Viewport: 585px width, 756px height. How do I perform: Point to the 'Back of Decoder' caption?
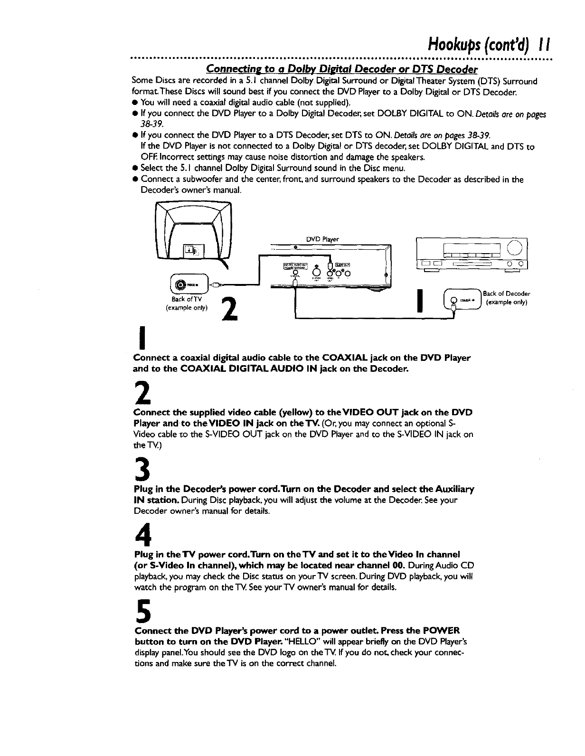pos(506,293)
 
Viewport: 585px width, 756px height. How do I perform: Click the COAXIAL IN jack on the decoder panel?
pos(453,300)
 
